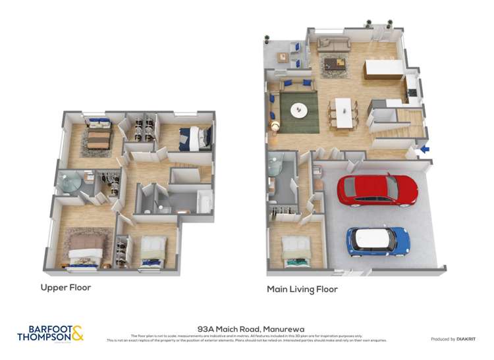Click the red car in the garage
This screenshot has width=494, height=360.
click(377, 190)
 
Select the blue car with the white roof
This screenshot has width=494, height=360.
click(378, 242)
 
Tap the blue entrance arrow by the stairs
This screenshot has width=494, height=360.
click(425, 149)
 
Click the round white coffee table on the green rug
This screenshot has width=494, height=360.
click(299, 110)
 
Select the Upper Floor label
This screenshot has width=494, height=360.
click(66, 288)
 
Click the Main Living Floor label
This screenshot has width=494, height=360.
click(302, 289)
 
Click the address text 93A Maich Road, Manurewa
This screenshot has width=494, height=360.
click(246, 328)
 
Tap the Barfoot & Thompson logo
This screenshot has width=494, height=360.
click(55, 333)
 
